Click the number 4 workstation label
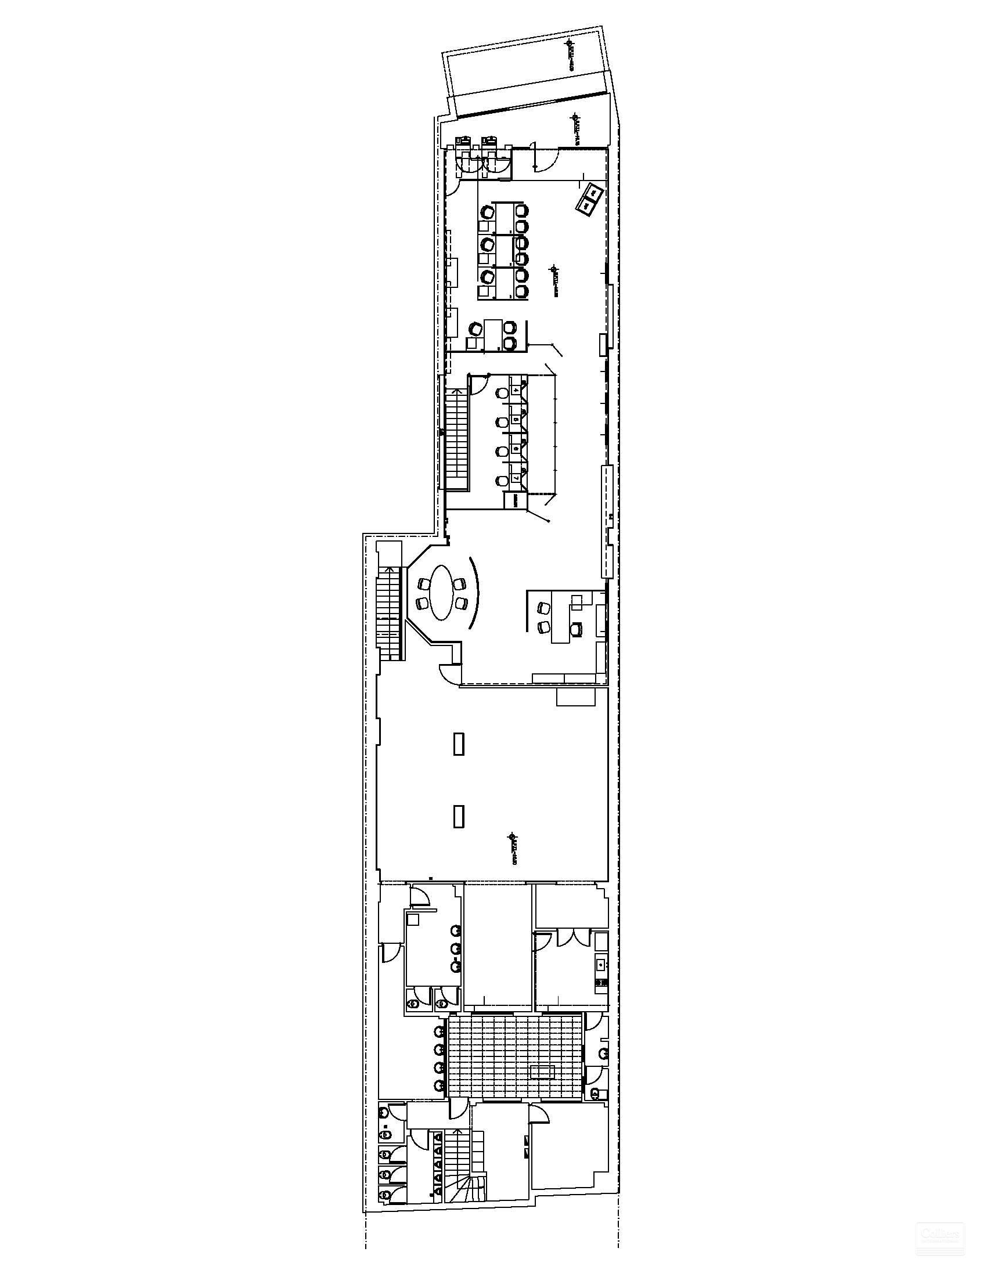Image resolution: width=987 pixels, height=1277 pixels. click(x=516, y=389)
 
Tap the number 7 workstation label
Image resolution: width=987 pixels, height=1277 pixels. click(x=516, y=478)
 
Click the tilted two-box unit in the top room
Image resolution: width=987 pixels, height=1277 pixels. click(x=590, y=199)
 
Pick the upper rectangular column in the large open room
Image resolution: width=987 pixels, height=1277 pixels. click(x=459, y=744)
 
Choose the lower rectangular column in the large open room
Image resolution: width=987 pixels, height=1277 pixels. click(x=459, y=816)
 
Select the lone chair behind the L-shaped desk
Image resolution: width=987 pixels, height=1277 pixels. click(x=577, y=629)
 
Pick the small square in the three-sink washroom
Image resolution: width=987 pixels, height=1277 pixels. click(x=414, y=935)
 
